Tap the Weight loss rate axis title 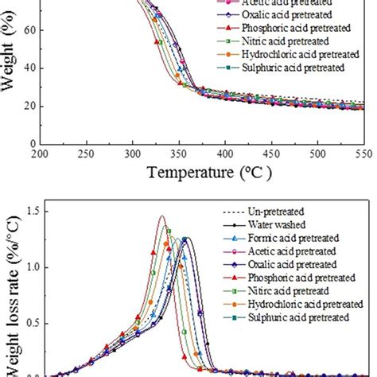pos(11,302)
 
